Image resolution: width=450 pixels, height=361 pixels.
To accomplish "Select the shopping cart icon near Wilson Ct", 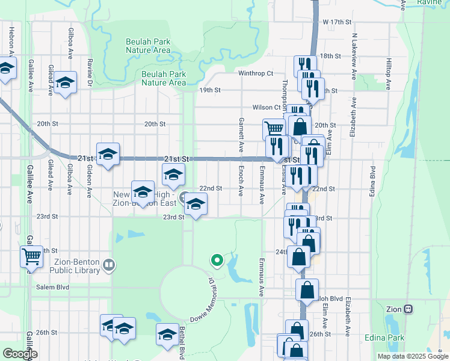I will click(274, 128).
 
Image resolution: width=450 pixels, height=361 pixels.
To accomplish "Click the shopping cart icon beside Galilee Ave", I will click(31, 256).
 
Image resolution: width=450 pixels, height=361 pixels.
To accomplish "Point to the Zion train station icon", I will click(408, 309).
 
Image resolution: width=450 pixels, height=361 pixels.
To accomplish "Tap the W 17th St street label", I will click(336, 22).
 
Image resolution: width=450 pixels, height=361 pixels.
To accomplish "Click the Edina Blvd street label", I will click(373, 180).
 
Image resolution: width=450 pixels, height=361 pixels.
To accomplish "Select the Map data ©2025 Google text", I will click(412, 356).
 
